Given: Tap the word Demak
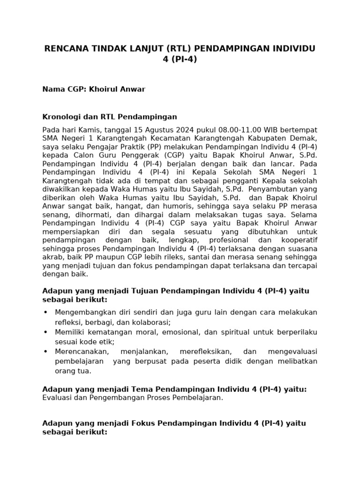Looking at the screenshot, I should [304, 138].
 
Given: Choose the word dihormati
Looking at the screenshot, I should [81, 214].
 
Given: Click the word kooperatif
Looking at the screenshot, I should [297, 240].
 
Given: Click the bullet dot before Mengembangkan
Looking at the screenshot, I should [45, 312].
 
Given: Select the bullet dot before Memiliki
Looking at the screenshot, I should [45, 332].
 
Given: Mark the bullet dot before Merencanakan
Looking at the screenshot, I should [45, 352].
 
